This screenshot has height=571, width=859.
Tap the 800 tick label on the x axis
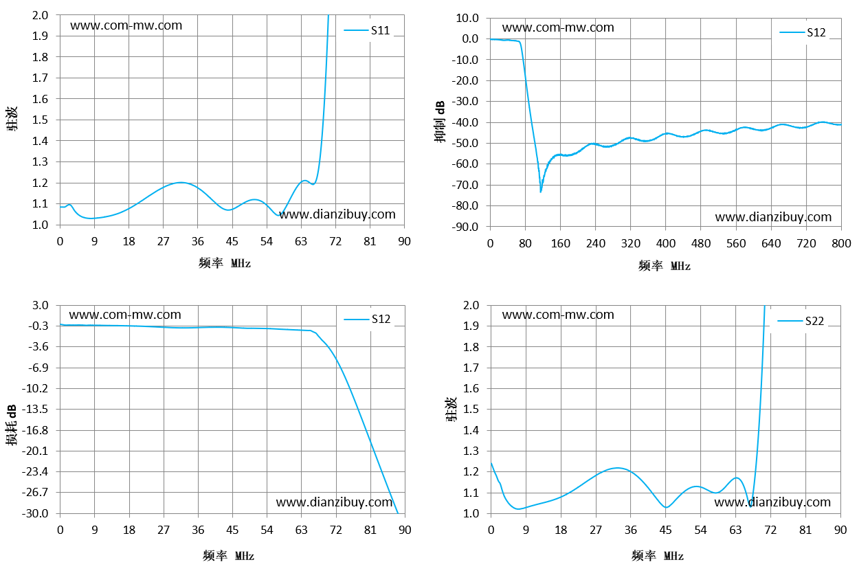(841, 243)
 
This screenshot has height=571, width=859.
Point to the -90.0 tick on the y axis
(465, 227)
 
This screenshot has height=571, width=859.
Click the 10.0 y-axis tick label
(467, 18)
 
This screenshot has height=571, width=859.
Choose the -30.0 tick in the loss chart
(35, 513)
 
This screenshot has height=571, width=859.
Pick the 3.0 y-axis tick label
(41, 305)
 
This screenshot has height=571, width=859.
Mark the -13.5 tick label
(35, 409)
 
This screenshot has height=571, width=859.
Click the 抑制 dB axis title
(440, 122)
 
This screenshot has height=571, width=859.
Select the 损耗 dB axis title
(11, 425)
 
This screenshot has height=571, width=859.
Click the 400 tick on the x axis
(666, 243)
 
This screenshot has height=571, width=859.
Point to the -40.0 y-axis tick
(465, 122)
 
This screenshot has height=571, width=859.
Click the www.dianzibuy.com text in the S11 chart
(337, 214)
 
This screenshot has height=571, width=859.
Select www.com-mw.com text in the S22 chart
(558, 315)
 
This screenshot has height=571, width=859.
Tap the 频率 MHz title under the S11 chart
(225, 263)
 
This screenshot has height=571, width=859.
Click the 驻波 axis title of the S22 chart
(451, 409)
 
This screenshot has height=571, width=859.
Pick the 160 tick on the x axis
(560, 243)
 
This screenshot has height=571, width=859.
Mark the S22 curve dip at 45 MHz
(666, 507)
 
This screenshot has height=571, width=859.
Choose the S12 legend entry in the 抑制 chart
(803, 32)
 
